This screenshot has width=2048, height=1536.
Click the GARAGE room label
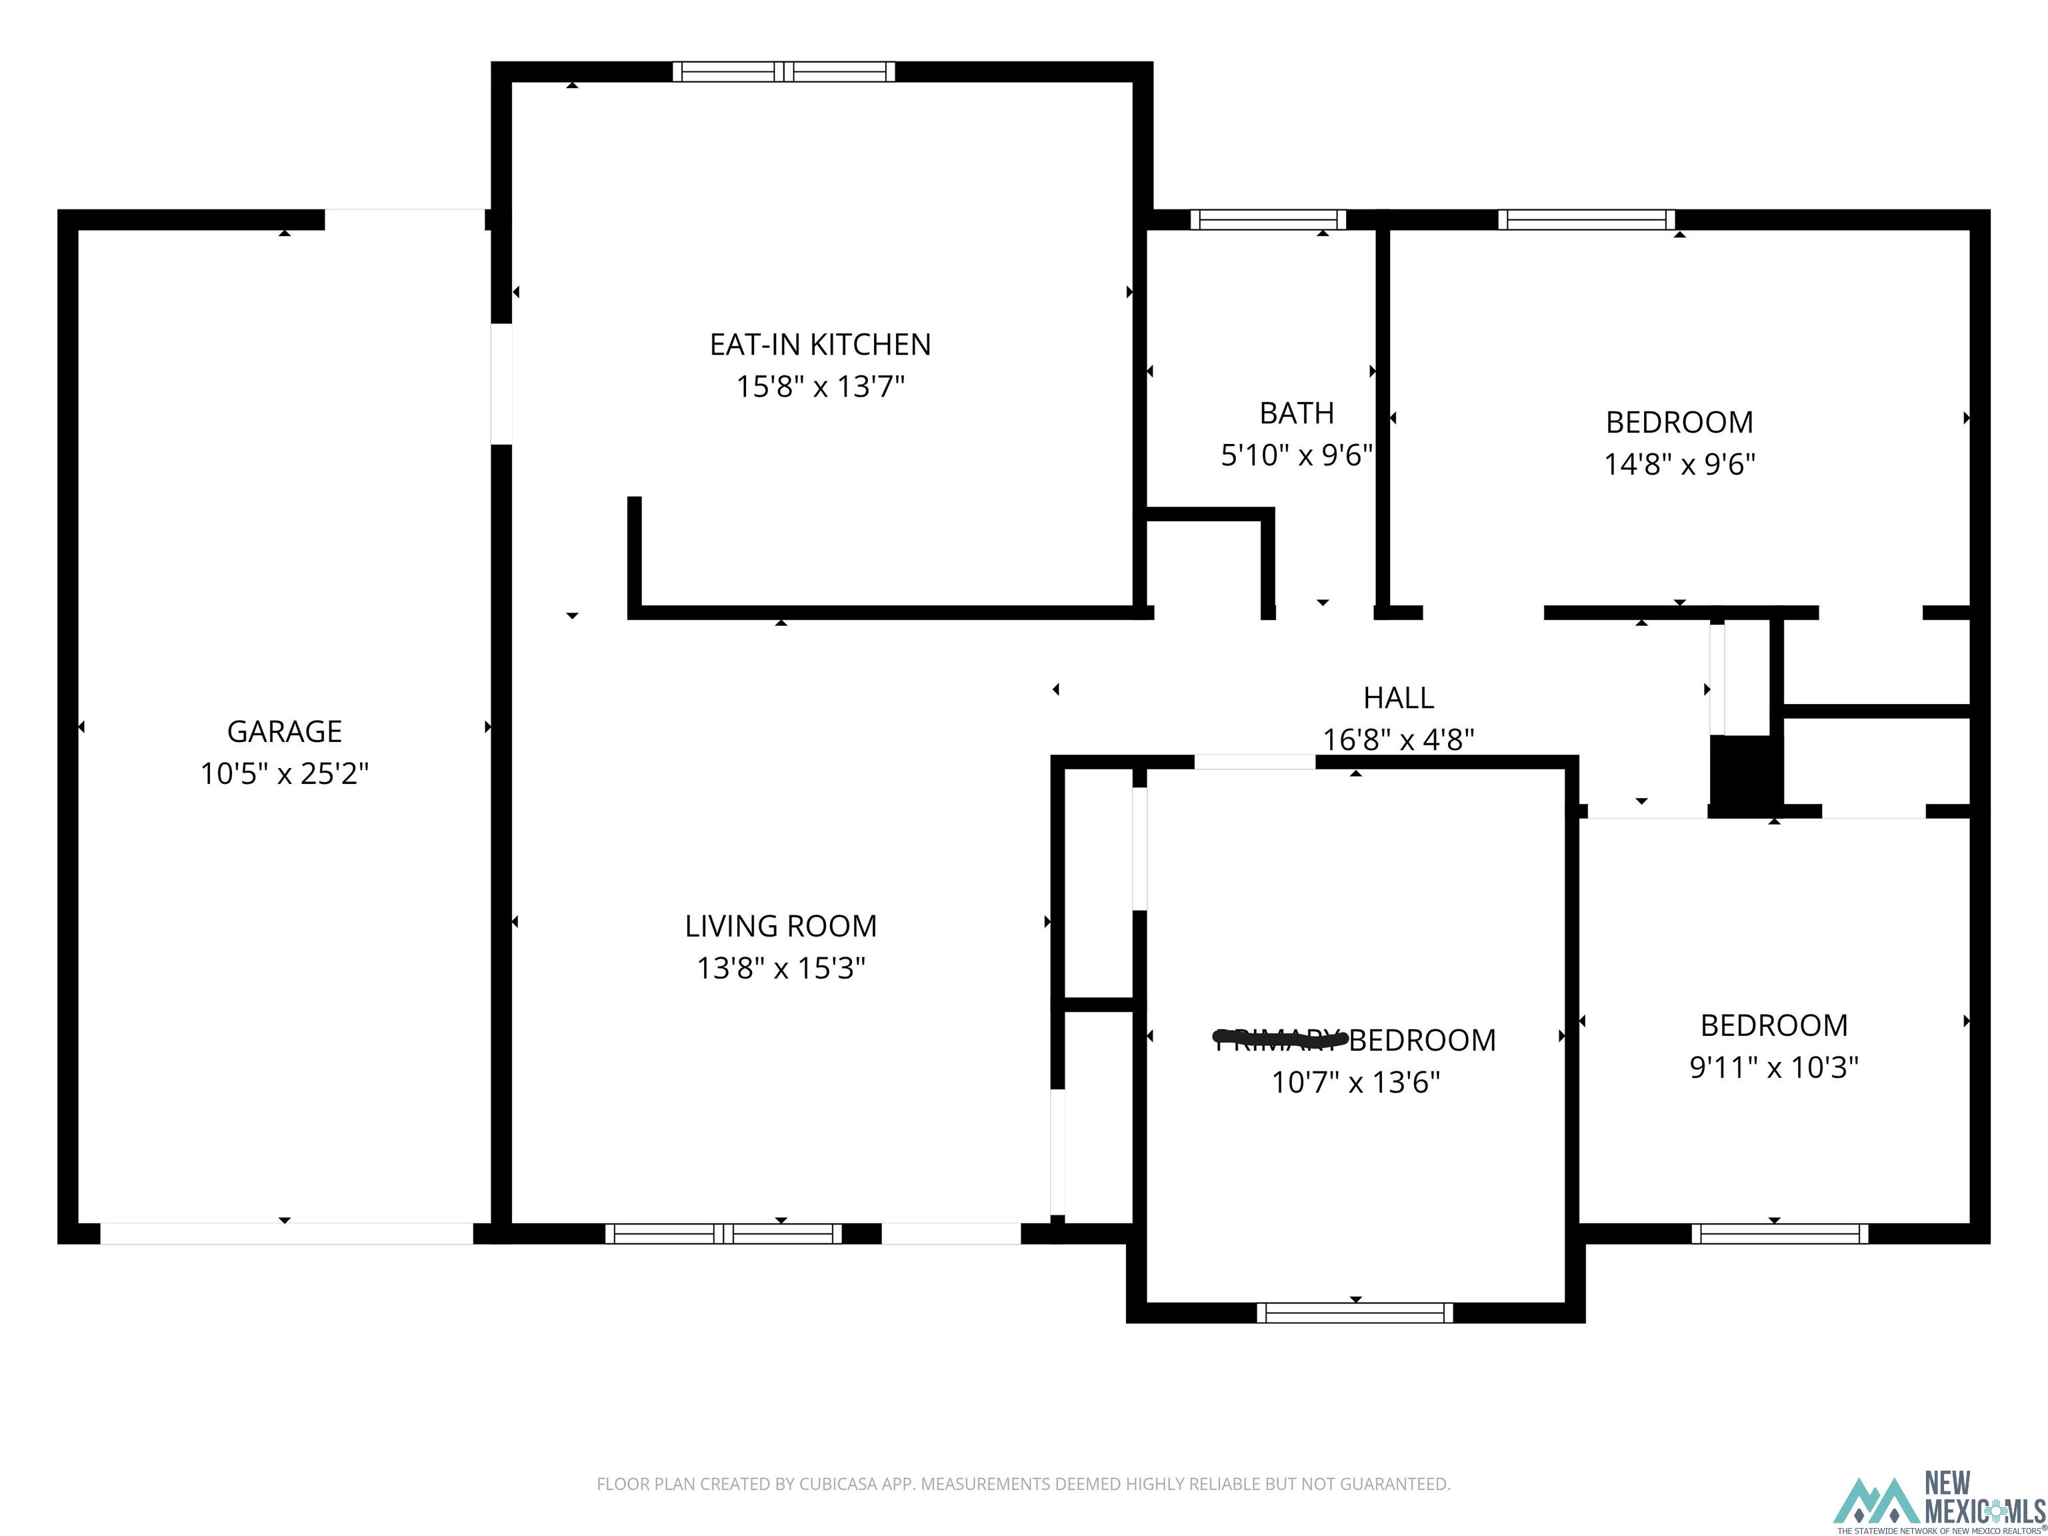[284, 731]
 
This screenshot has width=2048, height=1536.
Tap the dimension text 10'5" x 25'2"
[284, 773]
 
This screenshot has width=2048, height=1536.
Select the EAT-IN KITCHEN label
[819, 345]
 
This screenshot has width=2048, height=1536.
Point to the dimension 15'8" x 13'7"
[819, 386]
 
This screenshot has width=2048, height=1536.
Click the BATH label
[1296, 413]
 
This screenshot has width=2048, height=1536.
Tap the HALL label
[1398, 697]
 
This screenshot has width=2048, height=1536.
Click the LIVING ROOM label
[781, 926]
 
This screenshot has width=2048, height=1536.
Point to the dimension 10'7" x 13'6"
[1355, 1081]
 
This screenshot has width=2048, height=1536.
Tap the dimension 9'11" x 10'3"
[1774, 1067]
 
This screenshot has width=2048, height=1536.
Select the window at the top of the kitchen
[783, 71]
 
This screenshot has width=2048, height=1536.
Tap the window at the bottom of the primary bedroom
[1355, 1312]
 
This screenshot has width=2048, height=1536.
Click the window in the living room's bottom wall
[723, 1233]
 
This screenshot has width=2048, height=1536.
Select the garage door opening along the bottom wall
[286, 1233]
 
